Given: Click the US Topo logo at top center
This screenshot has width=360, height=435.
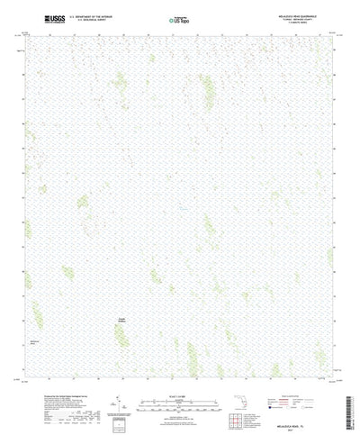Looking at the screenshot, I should [x=180, y=18].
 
